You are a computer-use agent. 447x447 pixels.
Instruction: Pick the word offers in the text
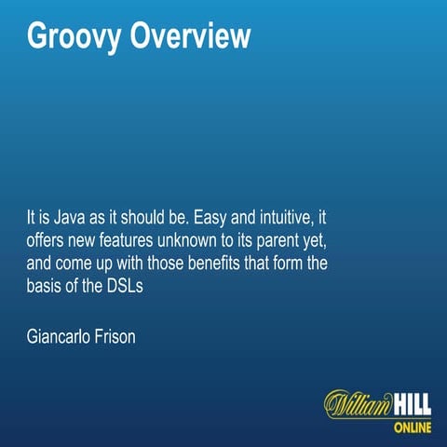coord(48,243)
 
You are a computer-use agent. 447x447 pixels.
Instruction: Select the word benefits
coord(218,264)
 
